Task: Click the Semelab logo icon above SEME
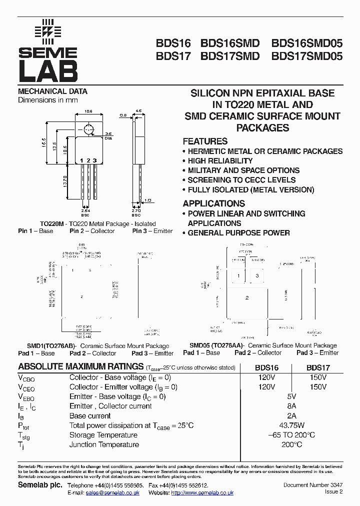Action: pyautogui.click(x=48, y=30)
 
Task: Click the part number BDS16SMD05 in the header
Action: pyautogui.click(x=307, y=43)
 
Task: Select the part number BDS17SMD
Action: pyautogui.click(x=230, y=56)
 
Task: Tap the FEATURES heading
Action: pyautogui.click(x=205, y=141)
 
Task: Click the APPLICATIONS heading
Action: pyautogui.click(x=213, y=203)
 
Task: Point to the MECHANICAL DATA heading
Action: pyautogui.click(x=52, y=91)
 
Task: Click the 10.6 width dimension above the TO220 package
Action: pyautogui.click(x=88, y=110)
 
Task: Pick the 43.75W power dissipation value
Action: pyautogui.click(x=285, y=425)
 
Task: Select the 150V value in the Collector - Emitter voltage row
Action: pyautogui.click(x=318, y=387)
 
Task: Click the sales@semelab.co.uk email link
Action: pyautogui.click(x=112, y=493)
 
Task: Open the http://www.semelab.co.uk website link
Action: pyautogui.click(x=202, y=493)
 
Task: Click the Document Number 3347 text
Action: pyautogui.click(x=313, y=485)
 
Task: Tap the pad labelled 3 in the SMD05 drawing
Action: pyautogui.click(x=257, y=276)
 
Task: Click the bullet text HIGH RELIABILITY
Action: pyautogui.click(x=220, y=161)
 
